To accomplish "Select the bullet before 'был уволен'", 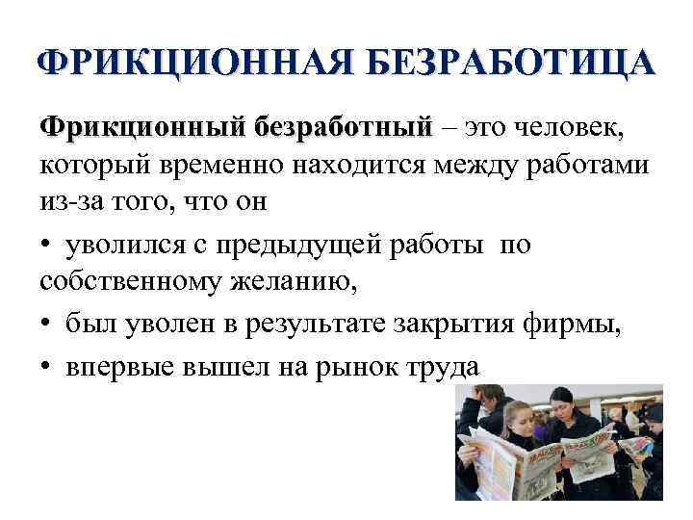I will click(48, 325).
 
